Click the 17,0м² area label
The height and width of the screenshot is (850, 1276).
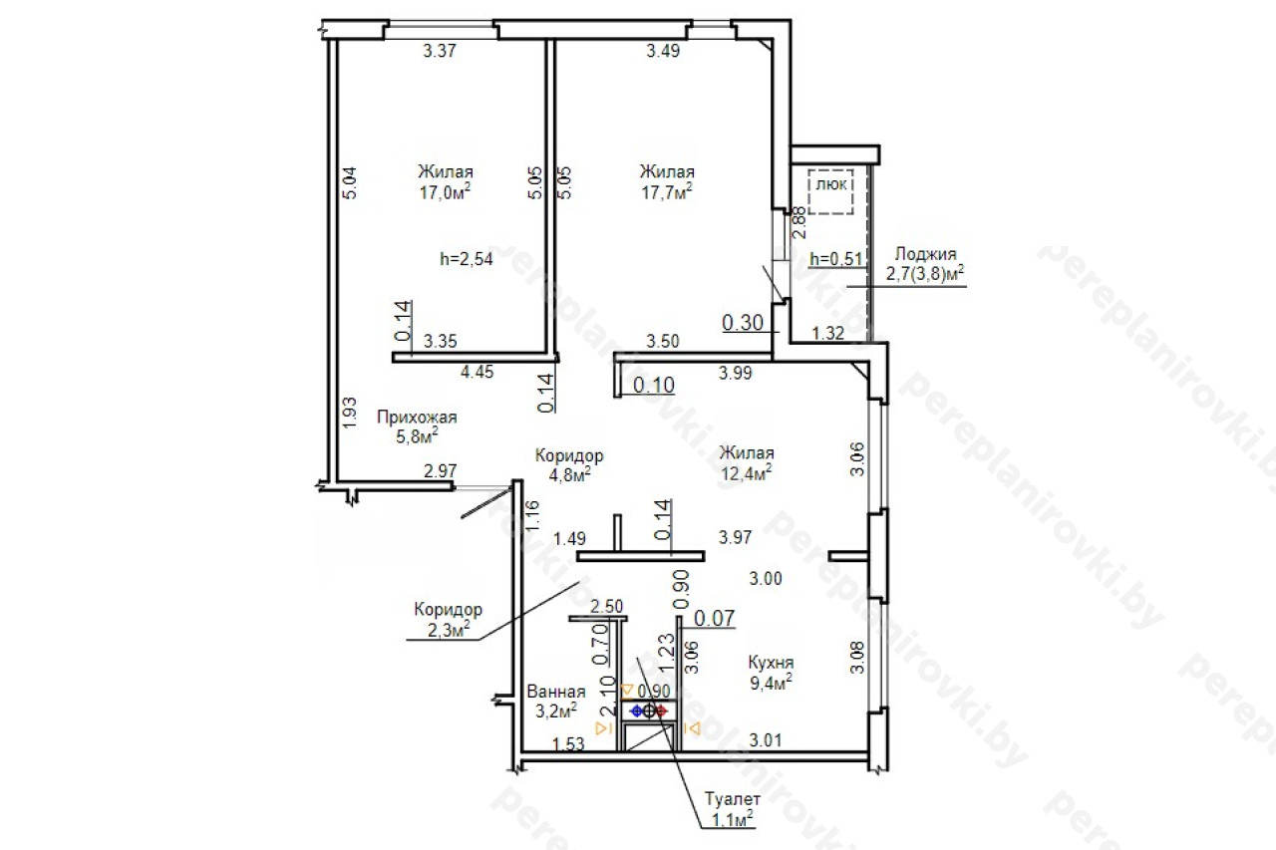click(x=445, y=192)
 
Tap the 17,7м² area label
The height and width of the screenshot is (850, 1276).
click(x=667, y=192)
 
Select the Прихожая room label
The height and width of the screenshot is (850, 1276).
click(x=417, y=418)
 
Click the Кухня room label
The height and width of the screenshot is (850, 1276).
click(x=771, y=663)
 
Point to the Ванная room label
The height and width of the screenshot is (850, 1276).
click(x=556, y=692)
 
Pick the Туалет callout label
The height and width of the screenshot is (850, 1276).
click(x=733, y=799)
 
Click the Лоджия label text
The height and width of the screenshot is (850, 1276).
click(x=925, y=254)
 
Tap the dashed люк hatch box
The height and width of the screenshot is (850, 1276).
click(x=830, y=192)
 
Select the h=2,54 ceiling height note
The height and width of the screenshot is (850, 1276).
click(x=466, y=259)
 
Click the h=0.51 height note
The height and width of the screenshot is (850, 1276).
click(x=835, y=259)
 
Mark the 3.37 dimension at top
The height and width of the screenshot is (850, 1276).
click(x=440, y=51)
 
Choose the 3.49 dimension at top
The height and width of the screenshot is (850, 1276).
click(x=663, y=51)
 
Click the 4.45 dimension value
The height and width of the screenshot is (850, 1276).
click(x=477, y=372)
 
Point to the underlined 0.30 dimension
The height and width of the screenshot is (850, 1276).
click(x=743, y=323)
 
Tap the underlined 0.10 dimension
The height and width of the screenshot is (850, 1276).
click(x=654, y=386)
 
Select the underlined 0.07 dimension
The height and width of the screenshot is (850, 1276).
click(x=715, y=618)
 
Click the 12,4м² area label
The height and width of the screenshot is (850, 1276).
click(x=747, y=473)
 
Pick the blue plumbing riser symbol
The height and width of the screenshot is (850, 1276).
click(x=637, y=711)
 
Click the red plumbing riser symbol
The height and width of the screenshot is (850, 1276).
click(x=661, y=711)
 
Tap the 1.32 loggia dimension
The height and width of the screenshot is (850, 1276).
click(x=827, y=333)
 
